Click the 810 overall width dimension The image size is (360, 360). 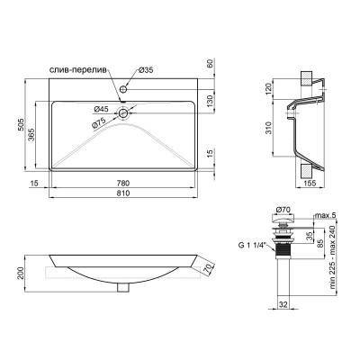(x=122, y=194)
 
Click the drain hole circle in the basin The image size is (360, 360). (x=123, y=115)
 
